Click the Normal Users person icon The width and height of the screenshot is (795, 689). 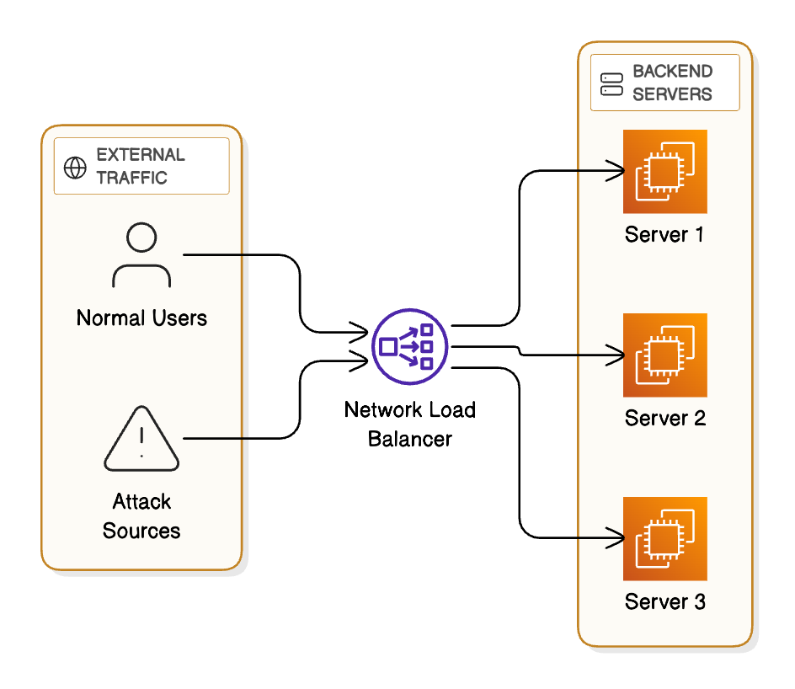141,256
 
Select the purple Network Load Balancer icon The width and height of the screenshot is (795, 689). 410,346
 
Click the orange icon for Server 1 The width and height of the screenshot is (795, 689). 664,171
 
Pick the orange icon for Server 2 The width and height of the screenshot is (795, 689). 664,355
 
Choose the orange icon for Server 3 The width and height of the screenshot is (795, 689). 664,538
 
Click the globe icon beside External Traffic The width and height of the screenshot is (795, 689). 75,167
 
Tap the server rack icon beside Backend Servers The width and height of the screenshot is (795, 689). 611,83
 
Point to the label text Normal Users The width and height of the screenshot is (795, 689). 141,318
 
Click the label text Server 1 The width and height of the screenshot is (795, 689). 664,234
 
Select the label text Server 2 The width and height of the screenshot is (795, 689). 664,418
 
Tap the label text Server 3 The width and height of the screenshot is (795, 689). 664,602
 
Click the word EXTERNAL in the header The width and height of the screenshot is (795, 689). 141,155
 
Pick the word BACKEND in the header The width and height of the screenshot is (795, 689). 672,72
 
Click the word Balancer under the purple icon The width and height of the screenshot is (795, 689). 410,439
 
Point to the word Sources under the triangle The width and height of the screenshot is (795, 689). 141,531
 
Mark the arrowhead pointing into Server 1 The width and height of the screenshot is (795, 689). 619,172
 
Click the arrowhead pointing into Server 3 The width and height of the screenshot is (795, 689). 619,537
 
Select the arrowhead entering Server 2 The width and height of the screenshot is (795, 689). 619,355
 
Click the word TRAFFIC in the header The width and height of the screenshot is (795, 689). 131,178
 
